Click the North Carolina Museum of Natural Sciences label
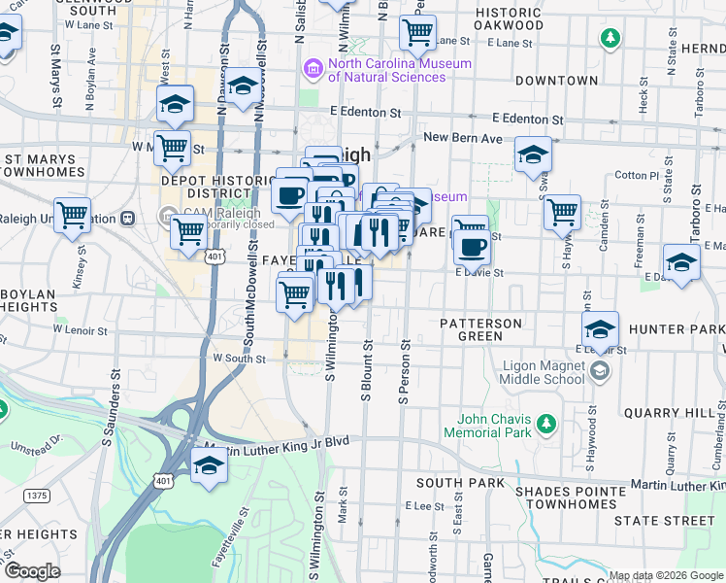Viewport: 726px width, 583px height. [x=399, y=71]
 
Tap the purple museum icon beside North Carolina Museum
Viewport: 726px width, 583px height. [x=313, y=68]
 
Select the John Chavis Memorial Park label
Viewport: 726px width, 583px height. [x=489, y=425]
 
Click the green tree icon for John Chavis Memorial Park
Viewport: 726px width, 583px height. [x=546, y=423]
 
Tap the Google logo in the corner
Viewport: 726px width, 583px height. [x=32, y=570]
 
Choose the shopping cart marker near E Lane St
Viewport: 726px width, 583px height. [x=417, y=32]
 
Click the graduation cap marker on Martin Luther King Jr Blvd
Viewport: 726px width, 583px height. [x=209, y=467]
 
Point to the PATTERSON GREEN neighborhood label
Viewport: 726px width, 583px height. [x=480, y=329]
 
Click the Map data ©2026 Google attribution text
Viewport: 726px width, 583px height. [x=664, y=575]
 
